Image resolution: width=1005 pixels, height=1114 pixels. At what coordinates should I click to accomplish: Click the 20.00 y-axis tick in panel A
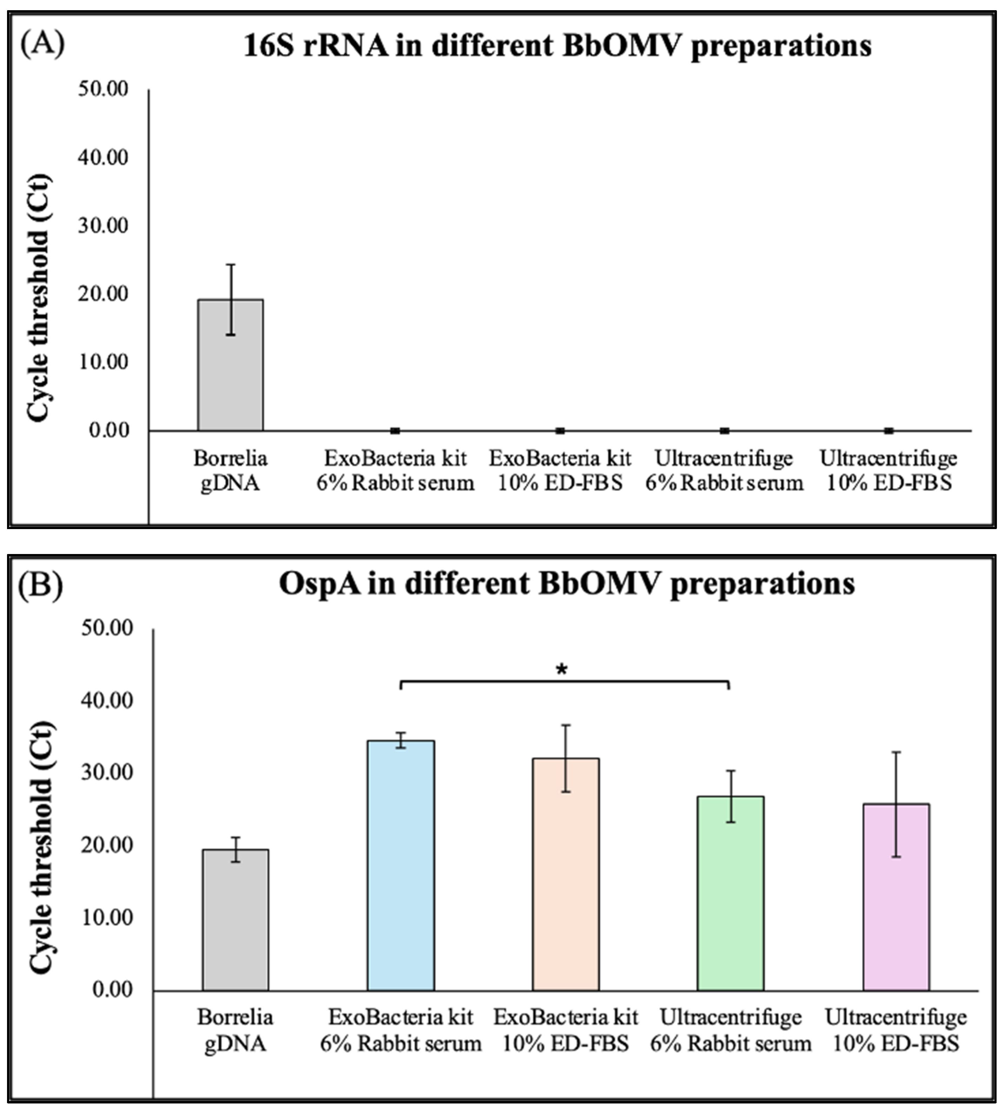click(103, 294)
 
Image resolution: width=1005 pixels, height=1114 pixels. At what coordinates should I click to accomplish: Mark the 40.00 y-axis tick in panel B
click(107, 700)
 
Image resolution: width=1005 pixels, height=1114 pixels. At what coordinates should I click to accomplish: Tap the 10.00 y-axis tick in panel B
click(107, 917)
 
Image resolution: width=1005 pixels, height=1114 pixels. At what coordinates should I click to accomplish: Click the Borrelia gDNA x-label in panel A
click(230, 470)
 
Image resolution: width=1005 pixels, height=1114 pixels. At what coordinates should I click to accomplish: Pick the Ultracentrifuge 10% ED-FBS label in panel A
click(888, 470)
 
